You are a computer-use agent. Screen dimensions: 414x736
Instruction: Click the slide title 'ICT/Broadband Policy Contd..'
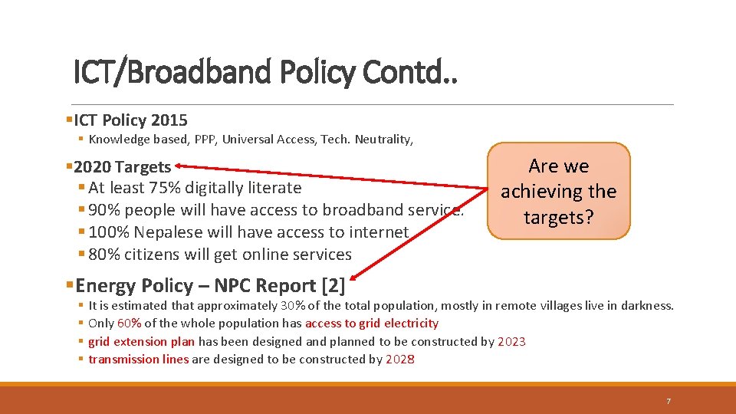(x=264, y=73)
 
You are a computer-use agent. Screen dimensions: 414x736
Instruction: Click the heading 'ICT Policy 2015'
(x=130, y=120)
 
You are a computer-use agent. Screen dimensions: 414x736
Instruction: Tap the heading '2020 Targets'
(x=123, y=167)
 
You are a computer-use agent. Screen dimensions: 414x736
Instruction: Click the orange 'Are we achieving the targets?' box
(x=559, y=192)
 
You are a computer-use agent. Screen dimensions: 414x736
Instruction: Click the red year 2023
(x=511, y=342)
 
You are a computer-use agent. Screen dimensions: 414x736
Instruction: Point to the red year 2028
(x=400, y=360)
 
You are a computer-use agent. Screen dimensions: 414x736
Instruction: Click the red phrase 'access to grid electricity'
(x=372, y=324)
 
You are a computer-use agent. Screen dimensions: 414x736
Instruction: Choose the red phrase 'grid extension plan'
(x=141, y=342)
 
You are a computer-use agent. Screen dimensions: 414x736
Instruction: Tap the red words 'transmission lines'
(x=138, y=360)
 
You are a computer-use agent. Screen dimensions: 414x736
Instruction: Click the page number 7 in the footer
(x=668, y=401)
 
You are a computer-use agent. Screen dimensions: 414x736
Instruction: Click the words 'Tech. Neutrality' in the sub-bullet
(x=376, y=140)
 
